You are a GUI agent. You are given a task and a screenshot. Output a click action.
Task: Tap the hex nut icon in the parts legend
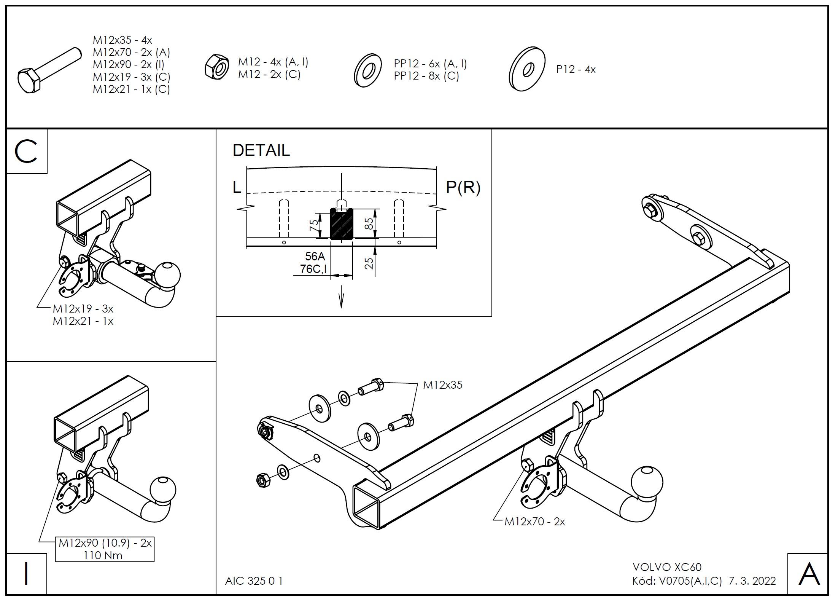[216, 68]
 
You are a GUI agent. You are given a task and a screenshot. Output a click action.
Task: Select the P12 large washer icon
[526, 69]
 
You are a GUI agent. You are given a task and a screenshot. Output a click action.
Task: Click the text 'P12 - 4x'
[576, 70]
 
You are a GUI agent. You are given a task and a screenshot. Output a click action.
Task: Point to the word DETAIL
[261, 150]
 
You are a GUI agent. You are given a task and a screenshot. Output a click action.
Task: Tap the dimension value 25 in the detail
[369, 263]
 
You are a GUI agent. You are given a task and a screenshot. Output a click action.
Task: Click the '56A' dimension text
[315, 256]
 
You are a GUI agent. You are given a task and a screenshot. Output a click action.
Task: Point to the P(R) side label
[463, 187]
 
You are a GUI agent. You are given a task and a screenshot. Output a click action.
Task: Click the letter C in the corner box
[26, 152]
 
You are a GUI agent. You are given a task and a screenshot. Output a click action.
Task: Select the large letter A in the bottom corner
[809, 574]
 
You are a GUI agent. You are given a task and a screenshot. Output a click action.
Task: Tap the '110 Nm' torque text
[103, 555]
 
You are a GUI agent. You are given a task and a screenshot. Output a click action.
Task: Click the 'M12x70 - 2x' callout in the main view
[534, 522]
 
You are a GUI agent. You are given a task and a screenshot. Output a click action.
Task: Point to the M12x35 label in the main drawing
[443, 385]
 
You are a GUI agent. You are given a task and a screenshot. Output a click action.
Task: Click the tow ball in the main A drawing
[647, 482]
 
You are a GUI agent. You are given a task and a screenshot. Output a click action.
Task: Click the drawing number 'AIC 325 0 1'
[254, 581]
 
